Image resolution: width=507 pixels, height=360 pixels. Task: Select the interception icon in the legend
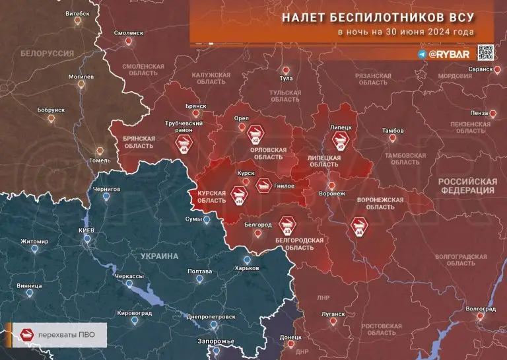pos(27,334)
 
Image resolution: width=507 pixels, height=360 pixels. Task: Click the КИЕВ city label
pos(86,230)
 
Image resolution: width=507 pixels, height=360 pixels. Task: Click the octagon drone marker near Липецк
pos(341,141)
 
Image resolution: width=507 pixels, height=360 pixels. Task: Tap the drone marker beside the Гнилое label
pos(263,185)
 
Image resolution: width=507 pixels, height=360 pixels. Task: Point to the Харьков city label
pos(247,268)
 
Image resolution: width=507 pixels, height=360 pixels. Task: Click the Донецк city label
pos(290,337)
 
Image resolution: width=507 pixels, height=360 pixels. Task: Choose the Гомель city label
pos(100,161)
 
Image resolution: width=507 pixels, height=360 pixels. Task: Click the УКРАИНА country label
pos(160,256)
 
